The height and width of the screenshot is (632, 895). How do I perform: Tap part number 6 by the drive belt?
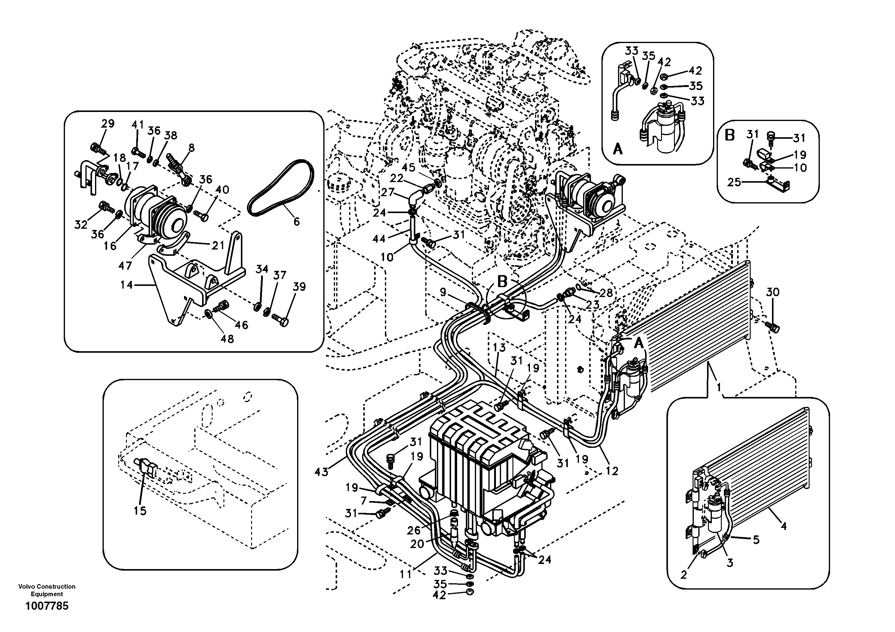(x=296, y=222)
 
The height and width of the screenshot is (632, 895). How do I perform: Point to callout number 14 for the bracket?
(x=126, y=285)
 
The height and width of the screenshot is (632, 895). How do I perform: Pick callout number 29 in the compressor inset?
(x=108, y=124)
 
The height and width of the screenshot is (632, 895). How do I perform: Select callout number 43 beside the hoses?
(x=321, y=472)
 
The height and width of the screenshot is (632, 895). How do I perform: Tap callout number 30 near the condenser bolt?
(x=773, y=292)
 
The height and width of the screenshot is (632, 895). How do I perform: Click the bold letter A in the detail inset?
(x=617, y=149)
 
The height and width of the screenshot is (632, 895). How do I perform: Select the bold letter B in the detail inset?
(x=730, y=135)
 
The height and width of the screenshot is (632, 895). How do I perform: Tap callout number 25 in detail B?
(x=734, y=182)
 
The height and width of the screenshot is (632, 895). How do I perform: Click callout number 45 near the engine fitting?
(x=408, y=167)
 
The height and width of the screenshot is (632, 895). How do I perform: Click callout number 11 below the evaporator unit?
(x=406, y=574)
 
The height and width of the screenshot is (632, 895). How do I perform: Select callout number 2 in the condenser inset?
(x=684, y=575)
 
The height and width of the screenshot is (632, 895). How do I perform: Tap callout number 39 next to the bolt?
(x=299, y=287)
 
